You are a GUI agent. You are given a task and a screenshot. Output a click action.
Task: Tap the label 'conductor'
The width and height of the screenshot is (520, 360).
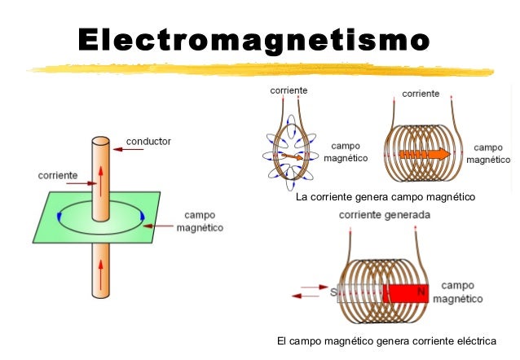point(148,141)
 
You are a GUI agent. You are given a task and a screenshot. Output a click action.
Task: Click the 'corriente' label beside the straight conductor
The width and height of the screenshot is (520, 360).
point(59,175)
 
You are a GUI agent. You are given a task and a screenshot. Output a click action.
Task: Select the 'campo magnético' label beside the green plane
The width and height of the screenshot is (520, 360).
point(200,222)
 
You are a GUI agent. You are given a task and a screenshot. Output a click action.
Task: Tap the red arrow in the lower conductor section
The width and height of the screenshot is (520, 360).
point(101,277)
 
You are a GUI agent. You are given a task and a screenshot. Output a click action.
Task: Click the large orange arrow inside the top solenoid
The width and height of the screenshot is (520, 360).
point(425,152)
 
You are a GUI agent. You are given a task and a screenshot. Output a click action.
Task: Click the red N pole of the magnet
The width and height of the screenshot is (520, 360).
point(406,292)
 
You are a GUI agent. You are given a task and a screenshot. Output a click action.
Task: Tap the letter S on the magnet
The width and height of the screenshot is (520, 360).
point(334,292)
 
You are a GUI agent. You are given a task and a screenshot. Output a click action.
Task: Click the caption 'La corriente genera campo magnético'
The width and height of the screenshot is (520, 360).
point(385,197)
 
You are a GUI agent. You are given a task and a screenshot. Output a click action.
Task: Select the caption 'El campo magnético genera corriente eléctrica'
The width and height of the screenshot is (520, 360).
point(386,340)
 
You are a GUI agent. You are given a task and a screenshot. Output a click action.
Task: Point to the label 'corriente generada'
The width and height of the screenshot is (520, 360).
point(385,215)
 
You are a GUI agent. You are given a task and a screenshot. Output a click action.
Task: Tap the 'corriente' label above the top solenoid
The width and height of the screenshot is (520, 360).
point(421,94)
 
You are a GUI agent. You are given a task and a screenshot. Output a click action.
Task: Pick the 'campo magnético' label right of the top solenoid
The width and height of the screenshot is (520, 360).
point(488,154)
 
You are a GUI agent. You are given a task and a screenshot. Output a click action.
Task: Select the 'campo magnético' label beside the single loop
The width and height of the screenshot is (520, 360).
point(346,152)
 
